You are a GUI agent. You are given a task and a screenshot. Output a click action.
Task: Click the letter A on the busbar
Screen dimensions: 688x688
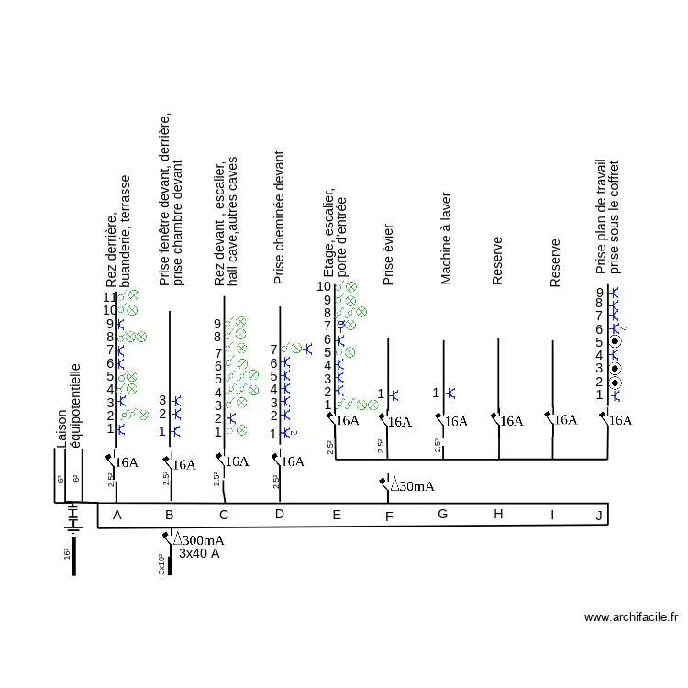(x=117, y=516)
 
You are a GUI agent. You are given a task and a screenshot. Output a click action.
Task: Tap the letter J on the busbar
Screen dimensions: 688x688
(x=599, y=516)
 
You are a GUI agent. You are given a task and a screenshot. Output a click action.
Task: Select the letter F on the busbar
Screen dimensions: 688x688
(x=389, y=516)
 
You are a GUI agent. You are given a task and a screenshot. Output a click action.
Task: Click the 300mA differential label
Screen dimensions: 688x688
(x=199, y=540)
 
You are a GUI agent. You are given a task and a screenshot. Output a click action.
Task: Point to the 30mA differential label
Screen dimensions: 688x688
(x=412, y=485)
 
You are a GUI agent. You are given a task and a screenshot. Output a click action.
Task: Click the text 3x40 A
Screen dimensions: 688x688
(x=199, y=553)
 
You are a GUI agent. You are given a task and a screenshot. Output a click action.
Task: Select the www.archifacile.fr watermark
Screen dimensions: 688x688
(x=631, y=617)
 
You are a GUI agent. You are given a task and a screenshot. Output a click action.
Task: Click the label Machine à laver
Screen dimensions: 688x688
(x=447, y=239)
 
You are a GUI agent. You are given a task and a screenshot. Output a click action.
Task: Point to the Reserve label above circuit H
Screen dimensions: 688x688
(x=498, y=261)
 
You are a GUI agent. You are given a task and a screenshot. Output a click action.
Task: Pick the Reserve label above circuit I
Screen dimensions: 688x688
(x=555, y=263)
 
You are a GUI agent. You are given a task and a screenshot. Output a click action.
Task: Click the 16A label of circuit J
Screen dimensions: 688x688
(x=621, y=420)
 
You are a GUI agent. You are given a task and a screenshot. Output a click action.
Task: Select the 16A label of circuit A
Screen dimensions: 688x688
(x=127, y=462)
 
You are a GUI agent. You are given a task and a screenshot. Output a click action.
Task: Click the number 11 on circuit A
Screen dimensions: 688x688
(x=109, y=297)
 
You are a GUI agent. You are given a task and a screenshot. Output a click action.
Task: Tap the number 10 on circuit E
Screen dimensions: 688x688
(x=324, y=286)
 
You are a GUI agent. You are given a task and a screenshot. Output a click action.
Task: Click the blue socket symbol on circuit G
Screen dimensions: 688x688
(x=449, y=394)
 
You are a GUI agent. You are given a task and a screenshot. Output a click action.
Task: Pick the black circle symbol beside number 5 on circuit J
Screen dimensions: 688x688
(x=615, y=342)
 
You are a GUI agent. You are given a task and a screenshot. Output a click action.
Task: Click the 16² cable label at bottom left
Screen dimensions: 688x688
(x=67, y=554)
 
